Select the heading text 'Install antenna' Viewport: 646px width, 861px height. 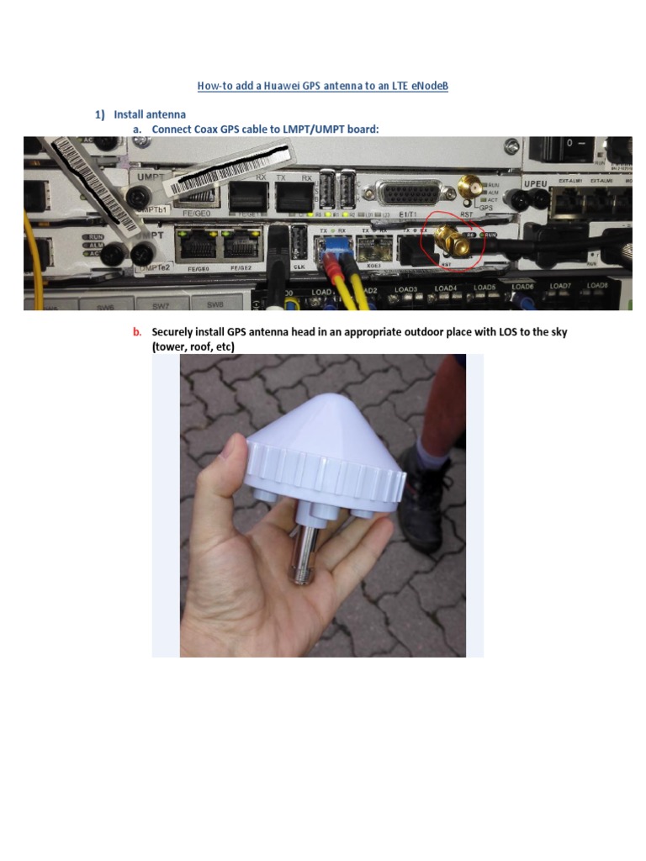pyautogui.click(x=150, y=114)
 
